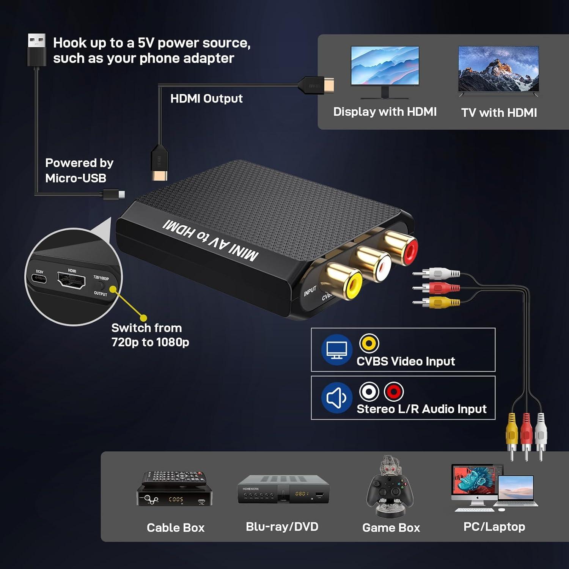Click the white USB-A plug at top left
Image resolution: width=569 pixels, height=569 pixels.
(37, 41)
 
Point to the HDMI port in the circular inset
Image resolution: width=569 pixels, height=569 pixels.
(71, 281)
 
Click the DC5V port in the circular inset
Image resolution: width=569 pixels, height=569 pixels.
(39, 279)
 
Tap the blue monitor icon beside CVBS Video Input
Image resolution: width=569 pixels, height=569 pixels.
(336, 349)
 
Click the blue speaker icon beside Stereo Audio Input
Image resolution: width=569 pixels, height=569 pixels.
(336, 398)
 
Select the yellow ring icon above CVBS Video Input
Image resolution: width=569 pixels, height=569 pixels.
(369, 343)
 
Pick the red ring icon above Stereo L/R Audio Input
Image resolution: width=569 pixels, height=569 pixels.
(394, 391)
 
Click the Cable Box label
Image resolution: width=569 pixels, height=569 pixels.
(175, 528)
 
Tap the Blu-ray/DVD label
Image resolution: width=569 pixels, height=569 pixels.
(282, 527)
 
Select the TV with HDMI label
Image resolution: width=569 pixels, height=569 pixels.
(499, 113)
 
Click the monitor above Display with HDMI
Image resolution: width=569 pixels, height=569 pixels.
(385, 66)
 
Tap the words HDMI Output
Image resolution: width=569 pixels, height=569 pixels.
(206, 99)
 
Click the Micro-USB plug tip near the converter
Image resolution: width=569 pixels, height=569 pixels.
(121, 194)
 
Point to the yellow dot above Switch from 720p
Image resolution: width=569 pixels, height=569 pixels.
(143, 318)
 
